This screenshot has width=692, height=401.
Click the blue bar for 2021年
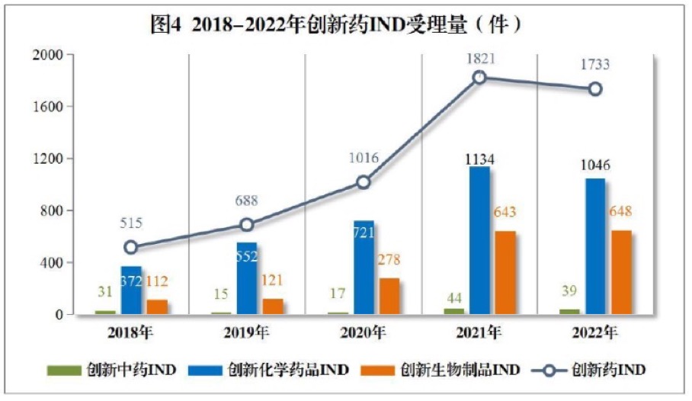(x=479, y=240)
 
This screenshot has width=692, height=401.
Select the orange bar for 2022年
(x=620, y=272)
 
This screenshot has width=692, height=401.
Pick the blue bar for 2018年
(x=131, y=290)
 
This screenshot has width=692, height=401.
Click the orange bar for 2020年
(x=389, y=296)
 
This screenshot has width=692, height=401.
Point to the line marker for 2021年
(x=479, y=77)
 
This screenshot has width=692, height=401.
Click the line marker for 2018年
(x=131, y=247)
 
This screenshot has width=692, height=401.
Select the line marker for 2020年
(x=364, y=182)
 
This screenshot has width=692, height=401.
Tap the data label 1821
(x=479, y=58)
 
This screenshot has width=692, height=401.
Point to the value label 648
(x=621, y=212)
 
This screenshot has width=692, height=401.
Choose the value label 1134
(x=479, y=159)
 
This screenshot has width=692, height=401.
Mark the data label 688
(x=246, y=201)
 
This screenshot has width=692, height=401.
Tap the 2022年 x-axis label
(x=594, y=332)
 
